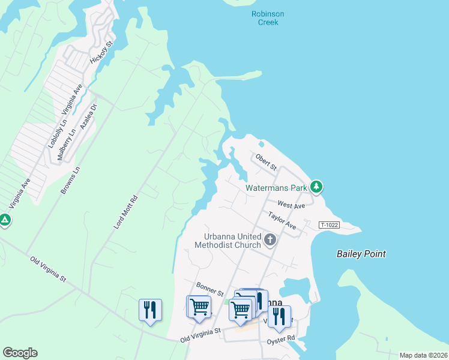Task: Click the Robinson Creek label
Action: (268, 18)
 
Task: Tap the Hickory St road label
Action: (101, 53)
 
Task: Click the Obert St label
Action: (265, 161)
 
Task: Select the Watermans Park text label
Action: (276, 188)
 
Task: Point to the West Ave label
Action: (291, 205)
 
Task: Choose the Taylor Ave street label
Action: (282, 220)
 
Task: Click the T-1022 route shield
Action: (330, 224)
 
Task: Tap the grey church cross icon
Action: (270, 241)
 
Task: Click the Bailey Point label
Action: (361, 254)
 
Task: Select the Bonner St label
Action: (210, 289)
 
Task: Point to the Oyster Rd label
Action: (281, 340)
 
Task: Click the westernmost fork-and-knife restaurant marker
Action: (149, 310)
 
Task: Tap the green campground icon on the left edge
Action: (4, 220)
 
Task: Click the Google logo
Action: (20, 353)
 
